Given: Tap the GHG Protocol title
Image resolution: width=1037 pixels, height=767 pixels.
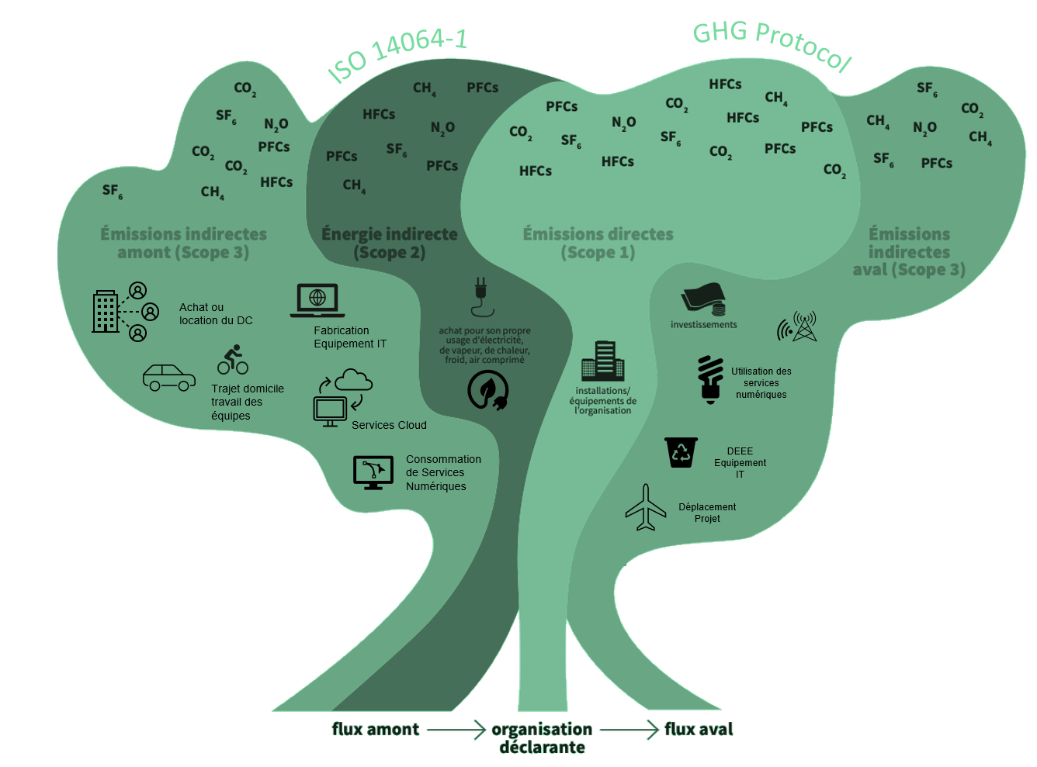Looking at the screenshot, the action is pyautogui.click(x=772, y=44).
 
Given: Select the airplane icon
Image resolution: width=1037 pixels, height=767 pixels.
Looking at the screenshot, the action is pyautogui.click(x=646, y=507).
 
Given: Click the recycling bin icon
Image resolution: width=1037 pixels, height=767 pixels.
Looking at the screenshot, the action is pyautogui.click(x=681, y=452).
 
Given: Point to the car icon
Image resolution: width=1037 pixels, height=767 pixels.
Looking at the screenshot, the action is pyautogui.click(x=168, y=377).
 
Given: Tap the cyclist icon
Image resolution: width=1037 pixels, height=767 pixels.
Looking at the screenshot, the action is pyautogui.click(x=233, y=359).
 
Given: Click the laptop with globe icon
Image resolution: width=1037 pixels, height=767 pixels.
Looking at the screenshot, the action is pyautogui.click(x=317, y=300).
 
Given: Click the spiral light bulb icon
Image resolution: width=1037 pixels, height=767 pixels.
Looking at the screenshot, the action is pyautogui.click(x=710, y=379).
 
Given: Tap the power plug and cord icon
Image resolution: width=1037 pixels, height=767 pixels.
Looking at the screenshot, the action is pyautogui.click(x=481, y=297).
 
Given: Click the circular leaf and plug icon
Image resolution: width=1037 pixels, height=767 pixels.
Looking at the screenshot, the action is pyautogui.click(x=488, y=391).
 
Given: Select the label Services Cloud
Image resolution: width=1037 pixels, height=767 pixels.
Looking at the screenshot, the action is pyautogui.click(x=389, y=425).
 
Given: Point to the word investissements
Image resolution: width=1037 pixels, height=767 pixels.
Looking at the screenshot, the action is pyautogui.click(x=704, y=325).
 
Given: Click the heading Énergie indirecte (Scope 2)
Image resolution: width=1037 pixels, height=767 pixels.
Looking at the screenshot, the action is pyautogui.click(x=390, y=243).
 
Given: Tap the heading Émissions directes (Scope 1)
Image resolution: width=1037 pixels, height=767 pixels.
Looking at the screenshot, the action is pyautogui.click(x=598, y=243).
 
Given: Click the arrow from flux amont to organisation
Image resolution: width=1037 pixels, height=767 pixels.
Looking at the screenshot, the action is pyautogui.click(x=456, y=730).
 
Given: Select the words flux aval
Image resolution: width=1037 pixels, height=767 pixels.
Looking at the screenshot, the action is pyautogui.click(x=699, y=729).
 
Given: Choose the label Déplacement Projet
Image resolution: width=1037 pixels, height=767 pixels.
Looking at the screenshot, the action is pyautogui.click(x=707, y=513).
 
